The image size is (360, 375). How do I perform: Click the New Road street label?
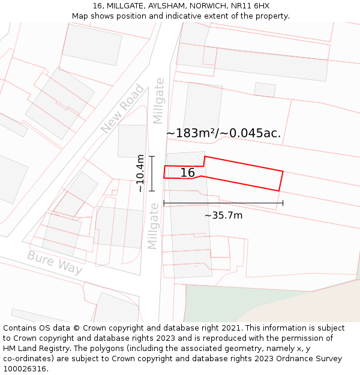(x=122, y=109)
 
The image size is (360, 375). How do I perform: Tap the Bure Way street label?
(x=55, y=262)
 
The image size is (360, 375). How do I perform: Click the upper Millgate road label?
(x=158, y=100)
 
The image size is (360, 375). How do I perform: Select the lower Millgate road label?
(x=154, y=226)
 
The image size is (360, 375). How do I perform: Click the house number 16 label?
(x=187, y=173)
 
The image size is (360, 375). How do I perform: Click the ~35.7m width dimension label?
(x=223, y=215)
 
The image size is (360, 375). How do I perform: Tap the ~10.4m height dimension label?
(x=140, y=173)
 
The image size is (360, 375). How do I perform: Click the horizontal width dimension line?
(x=223, y=203)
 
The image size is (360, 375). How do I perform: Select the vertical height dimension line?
(x=152, y=173)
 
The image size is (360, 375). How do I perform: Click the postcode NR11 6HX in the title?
(x=251, y=6)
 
